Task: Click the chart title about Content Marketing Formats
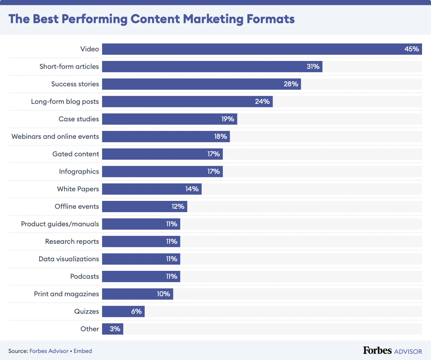tap(152, 19)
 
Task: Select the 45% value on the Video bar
tap(411, 49)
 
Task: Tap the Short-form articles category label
tap(69, 67)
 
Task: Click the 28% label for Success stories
tap(291, 84)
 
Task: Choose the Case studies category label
tap(79, 119)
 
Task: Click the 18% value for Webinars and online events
tap(220, 137)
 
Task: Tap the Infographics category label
tap(79, 172)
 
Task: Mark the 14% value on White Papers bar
tap(192, 189)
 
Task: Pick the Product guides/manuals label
tap(60, 224)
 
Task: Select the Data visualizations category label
tap(69, 259)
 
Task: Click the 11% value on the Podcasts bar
tap(172, 276)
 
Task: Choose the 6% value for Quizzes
tap(136, 312)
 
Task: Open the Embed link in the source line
tap(83, 351)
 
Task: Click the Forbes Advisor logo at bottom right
tap(392, 351)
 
